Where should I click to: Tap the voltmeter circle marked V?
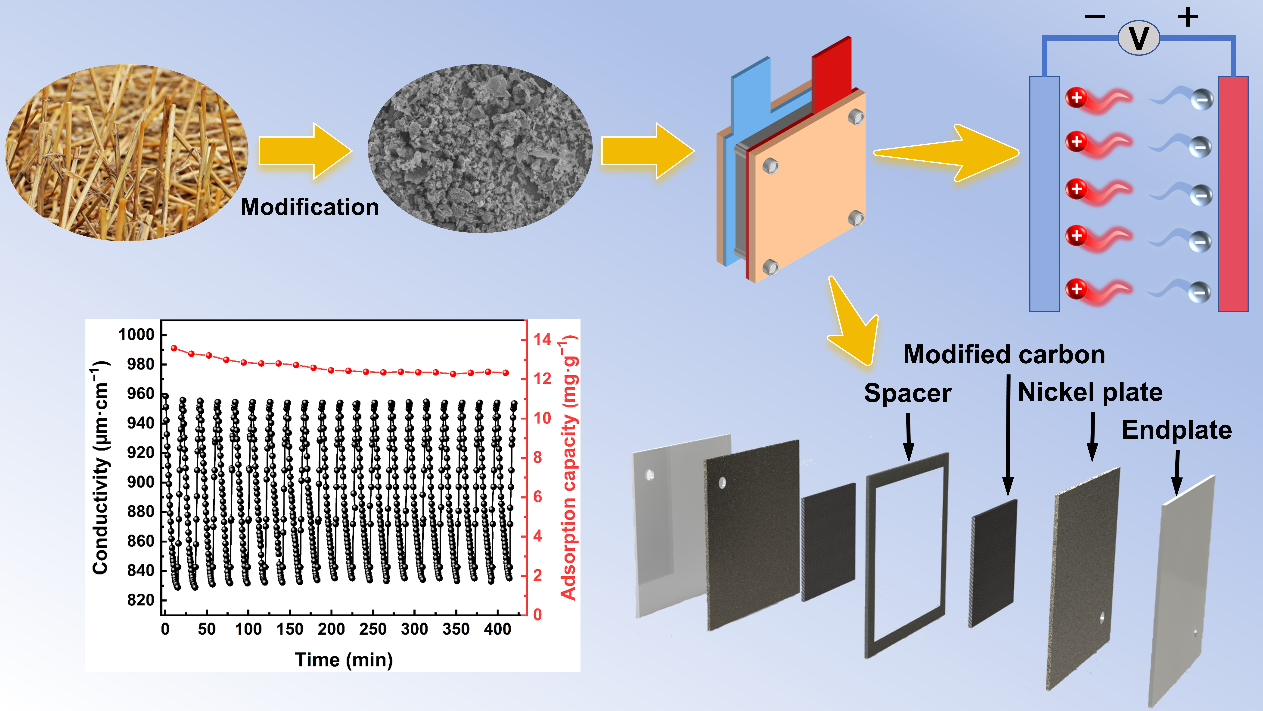point(1138,38)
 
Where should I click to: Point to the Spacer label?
point(907,393)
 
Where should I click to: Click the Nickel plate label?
point(1090,392)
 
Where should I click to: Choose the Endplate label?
point(1177,430)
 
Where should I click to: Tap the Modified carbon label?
point(1004,354)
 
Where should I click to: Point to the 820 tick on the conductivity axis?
point(141,600)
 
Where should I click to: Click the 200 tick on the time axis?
point(331,629)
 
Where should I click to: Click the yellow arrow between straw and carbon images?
point(305,151)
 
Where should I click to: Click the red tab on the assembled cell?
point(832,74)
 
